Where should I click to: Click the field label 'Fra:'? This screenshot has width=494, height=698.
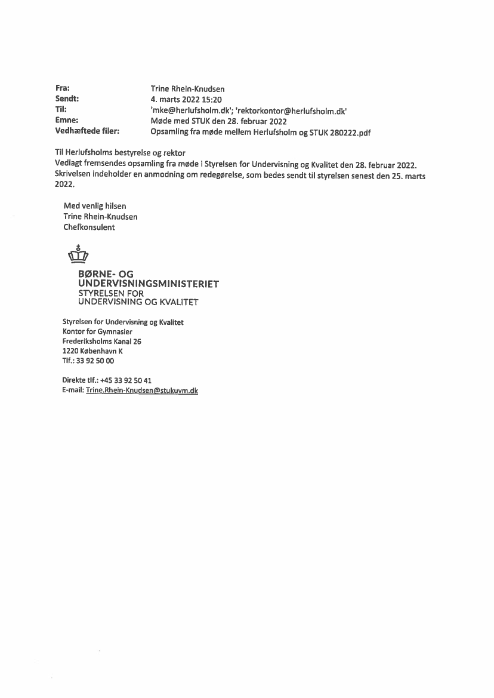[x=63, y=88]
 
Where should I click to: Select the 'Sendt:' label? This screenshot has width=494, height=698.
[x=67, y=99]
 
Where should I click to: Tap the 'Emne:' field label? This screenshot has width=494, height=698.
[x=67, y=121]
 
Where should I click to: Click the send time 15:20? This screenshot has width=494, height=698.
[x=211, y=100]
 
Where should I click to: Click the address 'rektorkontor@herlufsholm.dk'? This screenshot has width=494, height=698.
[x=292, y=110]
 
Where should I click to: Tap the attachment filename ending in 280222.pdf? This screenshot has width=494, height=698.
[x=261, y=133]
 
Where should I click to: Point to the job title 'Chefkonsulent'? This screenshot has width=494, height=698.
[x=89, y=227]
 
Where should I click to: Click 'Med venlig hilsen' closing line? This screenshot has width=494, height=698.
[x=95, y=206]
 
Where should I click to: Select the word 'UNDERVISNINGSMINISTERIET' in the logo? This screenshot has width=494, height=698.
[x=149, y=284]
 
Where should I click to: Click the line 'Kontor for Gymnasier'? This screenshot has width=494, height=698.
[x=97, y=331]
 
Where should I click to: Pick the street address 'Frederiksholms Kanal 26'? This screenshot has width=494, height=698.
[x=101, y=341]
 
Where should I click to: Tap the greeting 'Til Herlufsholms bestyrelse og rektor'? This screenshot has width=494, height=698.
[x=120, y=153]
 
